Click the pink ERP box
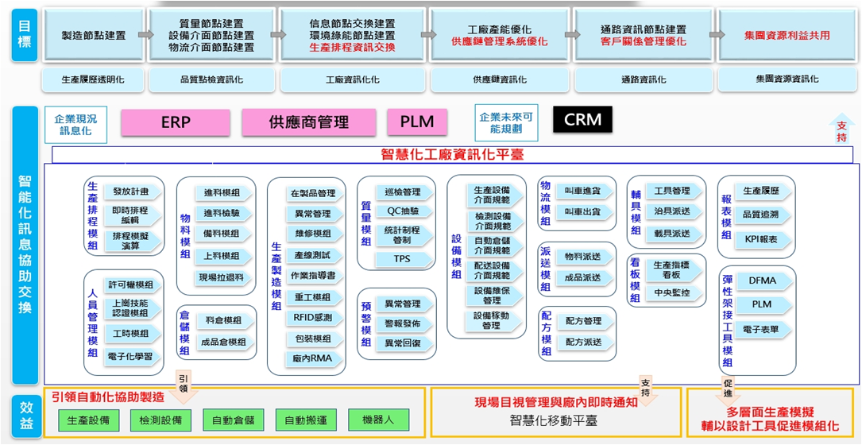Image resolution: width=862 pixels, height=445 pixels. click(x=176, y=122)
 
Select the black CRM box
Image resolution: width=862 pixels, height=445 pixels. click(x=582, y=120)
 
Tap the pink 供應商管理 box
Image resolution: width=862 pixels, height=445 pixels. click(x=308, y=122)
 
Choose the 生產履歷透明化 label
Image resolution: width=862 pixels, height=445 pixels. click(x=93, y=79)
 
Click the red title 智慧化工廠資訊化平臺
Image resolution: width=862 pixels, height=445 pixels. click(x=454, y=154)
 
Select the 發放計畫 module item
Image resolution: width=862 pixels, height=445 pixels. click(x=132, y=192)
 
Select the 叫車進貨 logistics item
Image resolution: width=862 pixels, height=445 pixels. click(x=582, y=191)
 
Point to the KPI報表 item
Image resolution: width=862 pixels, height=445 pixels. click(x=760, y=238)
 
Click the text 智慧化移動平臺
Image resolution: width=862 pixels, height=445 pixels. click(x=554, y=420)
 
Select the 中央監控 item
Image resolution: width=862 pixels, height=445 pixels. click(x=671, y=292)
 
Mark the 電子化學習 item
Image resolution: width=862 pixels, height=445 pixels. click(x=132, y=356)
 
